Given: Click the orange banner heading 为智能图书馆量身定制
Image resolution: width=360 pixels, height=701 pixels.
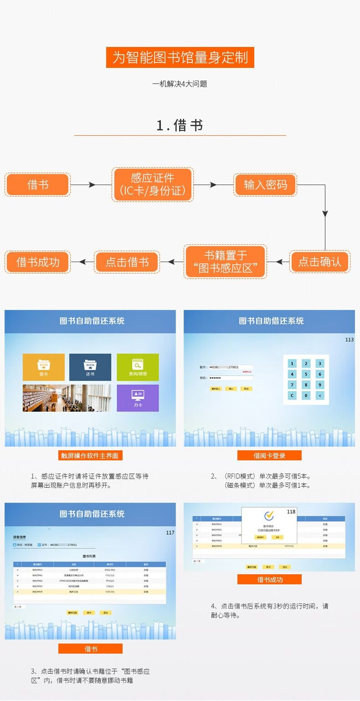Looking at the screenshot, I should (x=180, y=57).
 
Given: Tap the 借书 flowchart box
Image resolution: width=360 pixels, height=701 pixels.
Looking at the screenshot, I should (x=38, y=185).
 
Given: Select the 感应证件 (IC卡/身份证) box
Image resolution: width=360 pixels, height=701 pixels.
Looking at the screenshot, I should (x=153, y=184).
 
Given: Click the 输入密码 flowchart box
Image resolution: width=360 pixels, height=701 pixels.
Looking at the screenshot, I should (x=265, y=185).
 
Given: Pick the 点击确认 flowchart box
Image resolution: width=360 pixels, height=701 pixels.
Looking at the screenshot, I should (x=319, y=262).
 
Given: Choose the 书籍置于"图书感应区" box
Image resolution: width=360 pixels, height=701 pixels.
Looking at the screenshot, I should (x=226, y=262).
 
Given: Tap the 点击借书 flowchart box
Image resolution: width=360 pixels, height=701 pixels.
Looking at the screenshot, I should (x=127, y=262).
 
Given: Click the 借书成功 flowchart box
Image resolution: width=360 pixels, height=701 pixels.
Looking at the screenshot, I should (x=38, y=262).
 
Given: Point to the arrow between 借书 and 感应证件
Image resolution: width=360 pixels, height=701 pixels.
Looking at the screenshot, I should (x=91, y=185).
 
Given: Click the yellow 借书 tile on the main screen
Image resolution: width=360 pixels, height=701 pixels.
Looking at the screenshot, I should (x=44, y=367).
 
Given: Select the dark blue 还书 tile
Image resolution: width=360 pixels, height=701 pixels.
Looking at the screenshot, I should (x=90, y=367).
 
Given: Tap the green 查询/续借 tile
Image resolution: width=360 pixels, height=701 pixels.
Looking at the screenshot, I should (x=138, y=367).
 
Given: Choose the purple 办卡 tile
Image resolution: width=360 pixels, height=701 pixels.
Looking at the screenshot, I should (x=138, y=398).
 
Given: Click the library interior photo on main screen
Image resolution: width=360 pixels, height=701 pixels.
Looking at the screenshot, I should (x=67, y=398).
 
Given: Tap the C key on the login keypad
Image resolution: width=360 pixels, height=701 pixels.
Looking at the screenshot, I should (x=292, y=396).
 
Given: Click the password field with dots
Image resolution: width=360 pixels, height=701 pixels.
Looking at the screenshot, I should (x=230, y=378).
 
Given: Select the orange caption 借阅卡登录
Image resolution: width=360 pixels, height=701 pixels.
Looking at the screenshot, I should (x=269, y=455).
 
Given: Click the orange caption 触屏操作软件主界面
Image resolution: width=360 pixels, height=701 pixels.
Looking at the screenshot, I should (x=90, y=455).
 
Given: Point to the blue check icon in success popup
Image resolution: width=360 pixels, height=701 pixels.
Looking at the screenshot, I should (x=269, y=515).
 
